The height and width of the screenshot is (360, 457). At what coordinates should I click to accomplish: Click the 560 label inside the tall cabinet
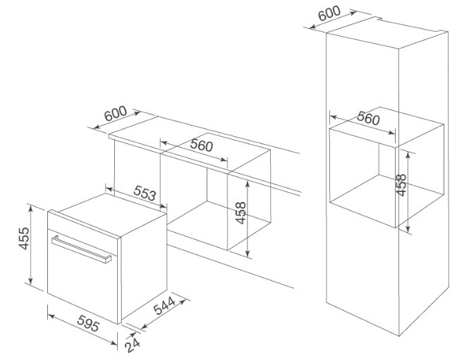pyautogui.click(x=367, y=119)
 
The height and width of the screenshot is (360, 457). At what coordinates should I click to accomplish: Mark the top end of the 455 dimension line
pyautogui.click(x=31, y=205)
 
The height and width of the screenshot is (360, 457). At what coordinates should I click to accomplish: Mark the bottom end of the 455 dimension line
pyautogui.click(x=31, y=285)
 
